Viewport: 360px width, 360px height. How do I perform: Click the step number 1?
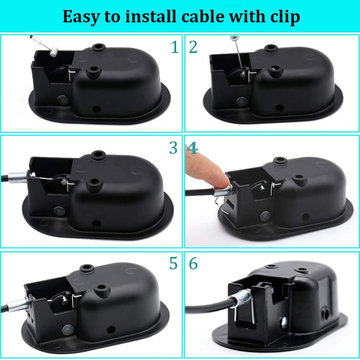pos(175,47)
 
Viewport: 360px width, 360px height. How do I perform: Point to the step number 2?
pos(193,47)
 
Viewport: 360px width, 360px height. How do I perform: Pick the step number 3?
pos(173,148)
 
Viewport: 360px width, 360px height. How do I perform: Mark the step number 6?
pos(193,264)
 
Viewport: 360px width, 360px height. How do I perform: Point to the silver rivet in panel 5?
pos(67,329)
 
